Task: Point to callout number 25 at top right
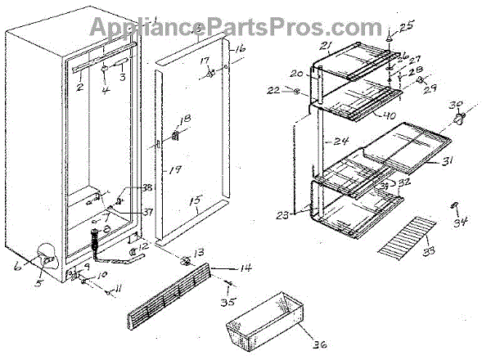[407, 26]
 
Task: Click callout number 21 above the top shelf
[326, 45]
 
